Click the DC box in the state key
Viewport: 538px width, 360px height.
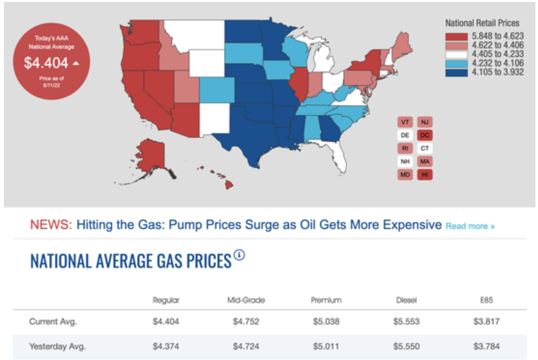[425, 135]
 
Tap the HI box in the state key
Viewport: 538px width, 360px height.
[425, 175]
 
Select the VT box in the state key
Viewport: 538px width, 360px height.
[405, 122]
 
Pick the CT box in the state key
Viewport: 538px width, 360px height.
[425, 148]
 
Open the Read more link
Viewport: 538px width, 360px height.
[470, 227]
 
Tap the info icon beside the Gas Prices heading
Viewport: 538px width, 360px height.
[240, 255]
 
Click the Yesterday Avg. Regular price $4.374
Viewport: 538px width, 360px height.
[166, 346]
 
